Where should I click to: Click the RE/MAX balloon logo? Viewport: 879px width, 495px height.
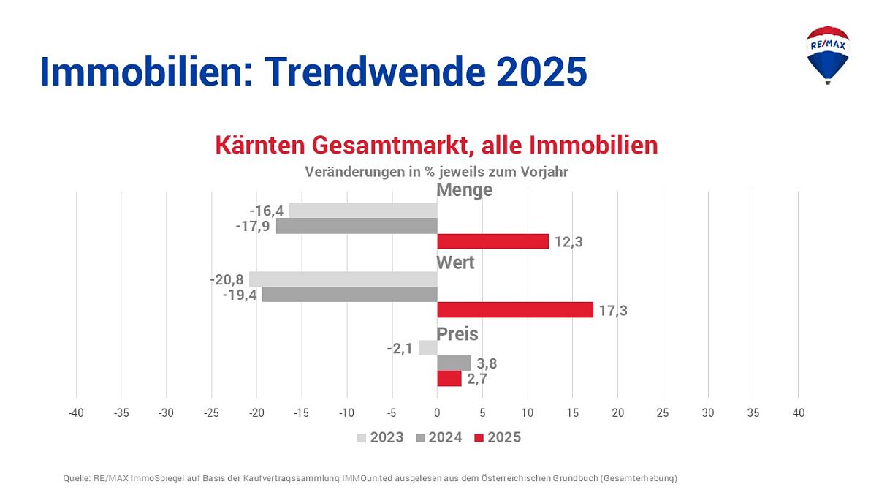827,55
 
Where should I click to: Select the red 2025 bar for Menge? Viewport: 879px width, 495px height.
492,241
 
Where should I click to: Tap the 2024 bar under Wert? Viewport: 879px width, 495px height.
349,295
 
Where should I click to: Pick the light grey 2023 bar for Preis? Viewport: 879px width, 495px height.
427,348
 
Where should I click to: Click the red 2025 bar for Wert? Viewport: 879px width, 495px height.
515,310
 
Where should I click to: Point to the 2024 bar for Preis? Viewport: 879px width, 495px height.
454,363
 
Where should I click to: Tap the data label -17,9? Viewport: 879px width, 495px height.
253,226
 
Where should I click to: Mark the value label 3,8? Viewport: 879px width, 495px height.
487,363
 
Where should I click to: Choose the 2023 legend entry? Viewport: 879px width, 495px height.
380,438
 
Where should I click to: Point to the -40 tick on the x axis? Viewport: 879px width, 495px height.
76,413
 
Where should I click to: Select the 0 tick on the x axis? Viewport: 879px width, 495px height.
437,413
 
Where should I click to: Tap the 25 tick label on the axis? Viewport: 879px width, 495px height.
662,413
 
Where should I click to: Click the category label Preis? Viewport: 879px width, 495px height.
457,334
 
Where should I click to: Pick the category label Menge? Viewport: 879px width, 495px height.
464,190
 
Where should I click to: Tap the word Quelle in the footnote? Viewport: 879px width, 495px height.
76,478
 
